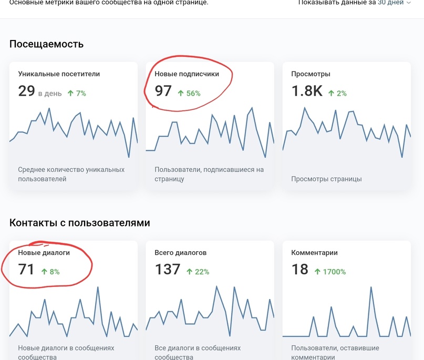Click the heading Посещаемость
(46, 44)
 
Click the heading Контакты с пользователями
(80, 223)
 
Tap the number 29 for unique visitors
(26, 91)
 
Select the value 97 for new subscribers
(163, 91)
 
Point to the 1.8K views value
(307, 91)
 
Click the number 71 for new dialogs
(26, 270)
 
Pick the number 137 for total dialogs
(168, 270)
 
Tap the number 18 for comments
(299, 270)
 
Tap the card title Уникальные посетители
(59, 74)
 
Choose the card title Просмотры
(311, 74)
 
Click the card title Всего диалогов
(181, 253)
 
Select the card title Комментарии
(314, 253)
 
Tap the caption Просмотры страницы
(326, 179)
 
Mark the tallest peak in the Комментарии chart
(371, 288)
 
